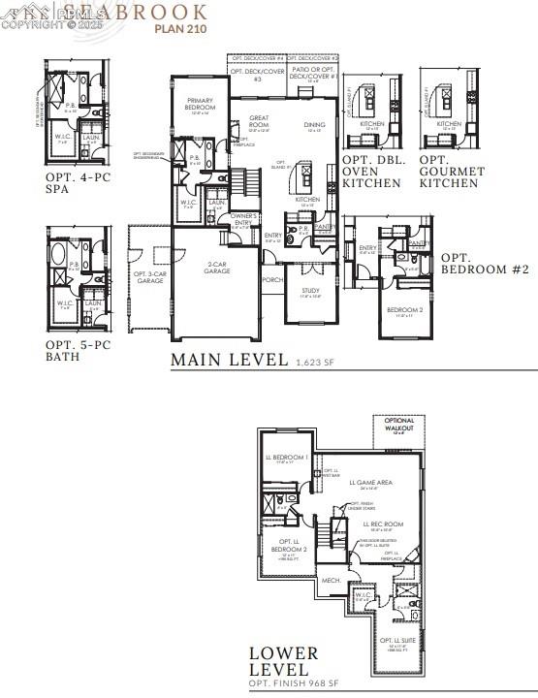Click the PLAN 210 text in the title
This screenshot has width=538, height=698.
(180, 28)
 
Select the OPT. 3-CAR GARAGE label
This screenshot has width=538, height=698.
(150, 249)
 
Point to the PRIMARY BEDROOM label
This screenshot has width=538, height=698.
(201, 109)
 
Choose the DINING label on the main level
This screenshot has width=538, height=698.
(314, 125)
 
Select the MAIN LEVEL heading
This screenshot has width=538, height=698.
(229, 360)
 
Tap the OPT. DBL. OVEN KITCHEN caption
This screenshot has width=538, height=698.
(376, 172)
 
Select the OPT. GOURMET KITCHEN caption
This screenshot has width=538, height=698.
(452, 172)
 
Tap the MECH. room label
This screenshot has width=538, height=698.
(331, 580)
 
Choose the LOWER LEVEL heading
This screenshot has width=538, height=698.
(280, 661)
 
